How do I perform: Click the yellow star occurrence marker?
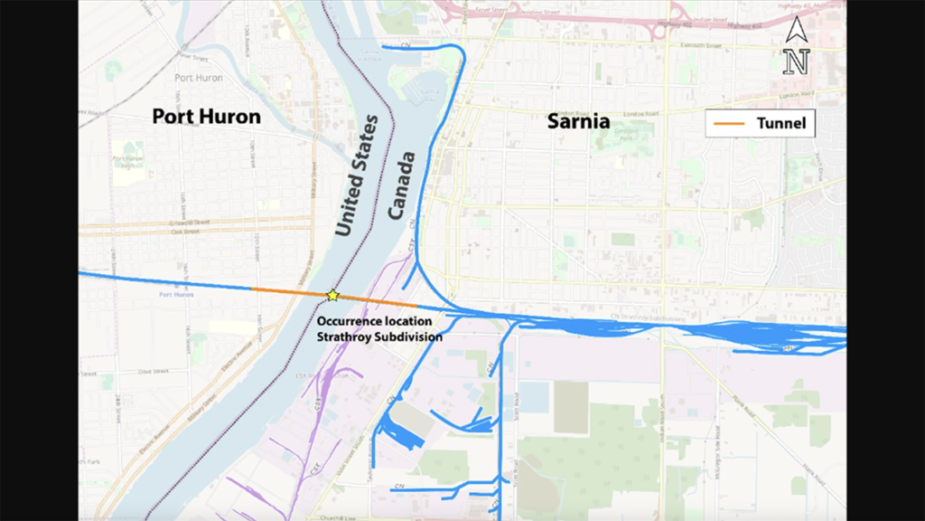click(332, 295)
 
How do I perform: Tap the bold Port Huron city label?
click(206, 117)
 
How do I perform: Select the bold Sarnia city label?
click(578, 121)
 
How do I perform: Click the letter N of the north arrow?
click(796, 62)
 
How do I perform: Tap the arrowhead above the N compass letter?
click(796, 30)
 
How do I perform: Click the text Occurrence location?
click(374, 321)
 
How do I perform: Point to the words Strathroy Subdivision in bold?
click(379, 336)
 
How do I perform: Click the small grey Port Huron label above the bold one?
click(198, 78)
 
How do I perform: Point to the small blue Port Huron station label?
click(176, 294)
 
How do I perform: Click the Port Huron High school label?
click(127, 163)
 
